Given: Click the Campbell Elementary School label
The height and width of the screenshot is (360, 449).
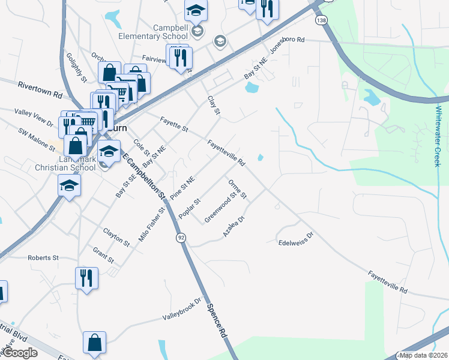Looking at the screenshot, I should tap(162, 32).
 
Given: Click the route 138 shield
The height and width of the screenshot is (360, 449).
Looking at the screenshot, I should tap(323, 20).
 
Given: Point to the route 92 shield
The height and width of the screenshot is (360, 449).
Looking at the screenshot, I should tap(181, 238).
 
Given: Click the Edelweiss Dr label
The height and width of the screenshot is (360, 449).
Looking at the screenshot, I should tap(296, 239).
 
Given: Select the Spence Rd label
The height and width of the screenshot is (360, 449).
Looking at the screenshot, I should tap(217, 320).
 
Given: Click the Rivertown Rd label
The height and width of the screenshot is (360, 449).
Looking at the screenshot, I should tap(40, 90).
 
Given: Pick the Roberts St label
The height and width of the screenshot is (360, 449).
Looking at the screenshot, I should tap(43, 257).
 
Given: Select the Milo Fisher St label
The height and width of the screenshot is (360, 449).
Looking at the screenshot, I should tap(151, 224).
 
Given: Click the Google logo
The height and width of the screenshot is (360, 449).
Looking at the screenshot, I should tap(19, 353).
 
